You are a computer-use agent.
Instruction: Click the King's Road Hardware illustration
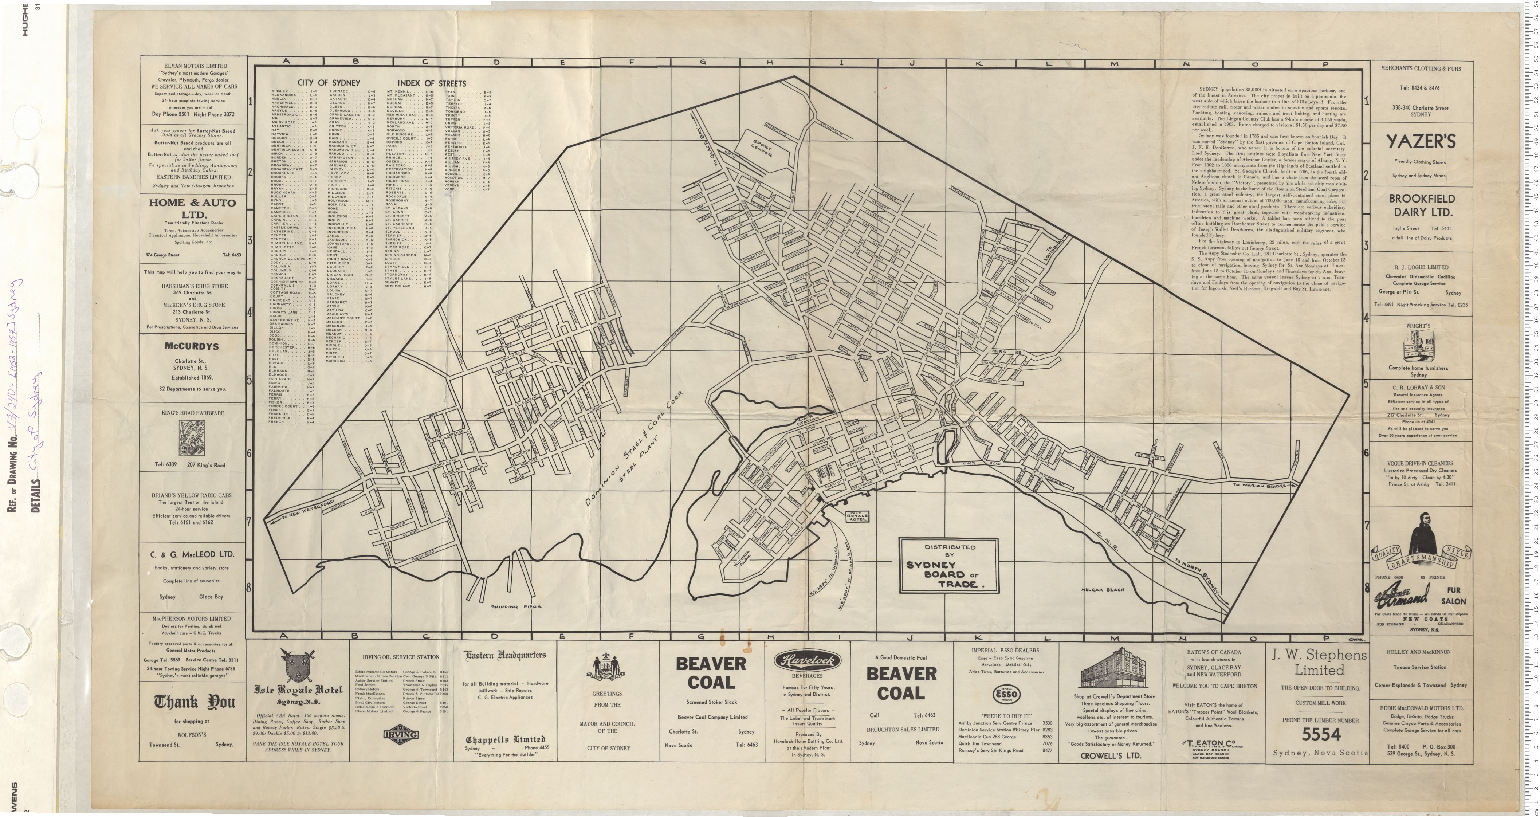point(192,438)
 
